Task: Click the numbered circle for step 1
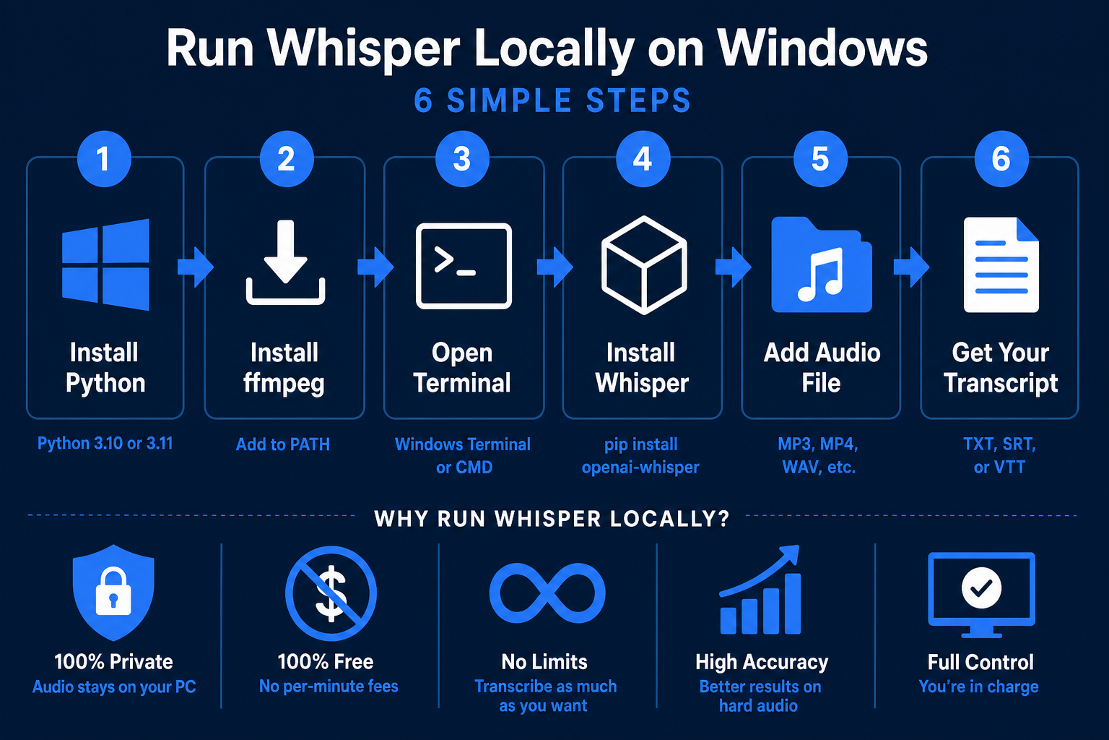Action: (x=104, y=159)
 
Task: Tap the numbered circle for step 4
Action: (x=643, y=159)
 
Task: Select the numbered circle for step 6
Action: (x=1001, y=159)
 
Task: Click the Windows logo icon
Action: (x=105, y=264)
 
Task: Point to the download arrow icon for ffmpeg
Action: (x=285, y=262)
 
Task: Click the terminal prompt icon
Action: (x=464, y=266)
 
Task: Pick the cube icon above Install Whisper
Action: (x=643, y=265)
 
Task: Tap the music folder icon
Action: (x=822, y=264)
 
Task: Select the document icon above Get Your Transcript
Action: (x=1001, y=264)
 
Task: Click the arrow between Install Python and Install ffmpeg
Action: (x=196, y=267)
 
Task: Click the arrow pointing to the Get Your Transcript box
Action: (x=911, y=267)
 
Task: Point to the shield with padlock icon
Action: (x=113, y=593)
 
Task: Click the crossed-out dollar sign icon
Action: (x=331, y=593)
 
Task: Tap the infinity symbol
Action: (x=547, y=593)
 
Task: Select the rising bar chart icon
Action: (x=760, y=590)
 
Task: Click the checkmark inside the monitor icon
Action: (x=981, y=588)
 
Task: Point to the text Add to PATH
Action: (x=283, y=444)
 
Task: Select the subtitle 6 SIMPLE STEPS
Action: (x=552, y=100)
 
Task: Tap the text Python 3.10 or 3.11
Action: (x=105, y=443)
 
